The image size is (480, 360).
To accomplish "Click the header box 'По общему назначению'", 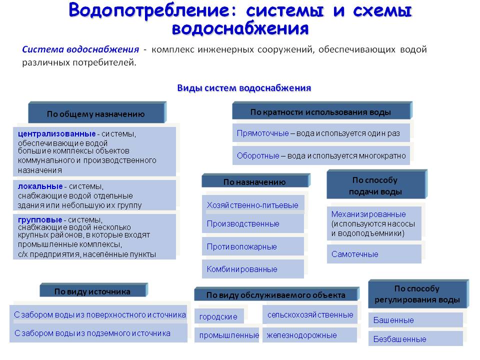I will coord(96,113).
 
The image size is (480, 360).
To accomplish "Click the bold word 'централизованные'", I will coord(56,134).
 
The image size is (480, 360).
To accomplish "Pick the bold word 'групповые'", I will coord(40,219).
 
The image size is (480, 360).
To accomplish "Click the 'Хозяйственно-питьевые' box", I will coord(252,205).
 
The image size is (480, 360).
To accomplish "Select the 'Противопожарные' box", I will coord(252,246).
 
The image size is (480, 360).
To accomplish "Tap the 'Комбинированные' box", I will coord(252,269).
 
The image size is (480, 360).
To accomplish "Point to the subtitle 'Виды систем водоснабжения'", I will coord(244,88).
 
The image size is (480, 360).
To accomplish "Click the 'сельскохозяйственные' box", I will coord(310,315).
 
